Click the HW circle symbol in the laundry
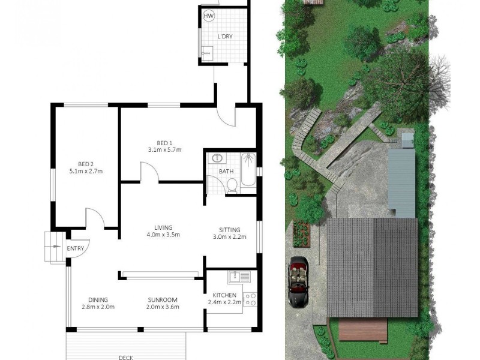coord(209,16)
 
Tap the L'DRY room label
coord(224,37)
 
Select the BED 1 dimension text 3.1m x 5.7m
coord(164,150)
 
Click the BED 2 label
coord(86,164)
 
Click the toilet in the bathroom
coord(232,187)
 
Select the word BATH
coord(226,172)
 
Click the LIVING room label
coord(163,227)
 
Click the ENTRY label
coord(76,248)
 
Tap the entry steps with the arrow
coord(53,247)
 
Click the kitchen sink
coord(239,278)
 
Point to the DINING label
coord(98,299)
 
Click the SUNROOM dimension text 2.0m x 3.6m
coord(164,307)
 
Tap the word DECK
coord(125,358)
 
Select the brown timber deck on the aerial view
coord(362,329)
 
